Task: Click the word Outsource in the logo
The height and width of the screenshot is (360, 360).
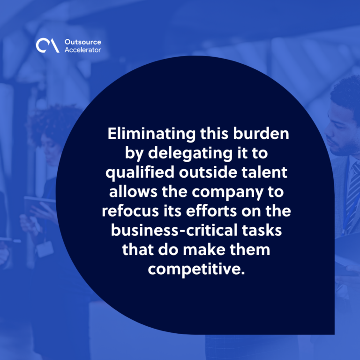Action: (82, 42)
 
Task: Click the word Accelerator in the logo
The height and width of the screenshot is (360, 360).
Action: (82, 50)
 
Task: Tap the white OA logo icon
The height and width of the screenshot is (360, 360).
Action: (47, 45)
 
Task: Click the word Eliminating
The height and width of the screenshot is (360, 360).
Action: (151, 134)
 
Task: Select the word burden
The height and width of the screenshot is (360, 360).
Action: (261, 134)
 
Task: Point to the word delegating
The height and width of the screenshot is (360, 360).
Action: (190, 153)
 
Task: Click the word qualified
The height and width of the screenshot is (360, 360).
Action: (140, 172)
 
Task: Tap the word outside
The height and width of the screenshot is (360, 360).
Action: (208, 172)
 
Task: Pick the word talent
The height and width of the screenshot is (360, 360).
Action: (264, 172)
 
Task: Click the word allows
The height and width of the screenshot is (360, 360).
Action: (133, 191)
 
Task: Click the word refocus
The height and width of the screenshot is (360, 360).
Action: (130, 211)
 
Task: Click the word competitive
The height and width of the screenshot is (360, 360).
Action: (196, 270)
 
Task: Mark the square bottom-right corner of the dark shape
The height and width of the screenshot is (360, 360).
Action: (334, 334)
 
